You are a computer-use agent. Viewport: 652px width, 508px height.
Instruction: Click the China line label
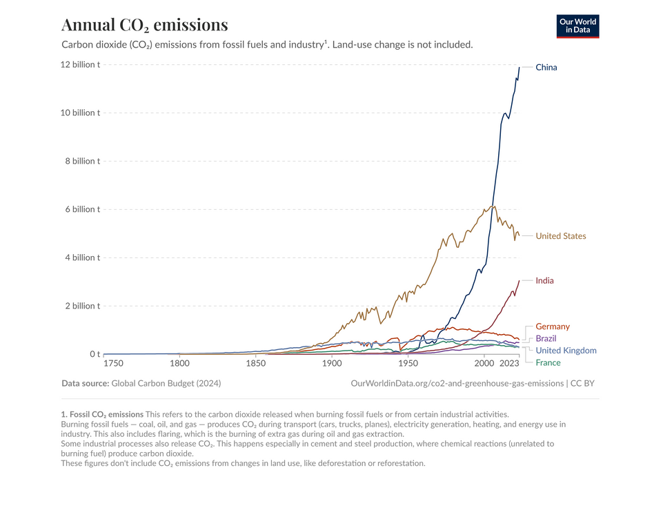tap(546, 68)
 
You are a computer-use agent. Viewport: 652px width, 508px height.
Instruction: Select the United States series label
tap(560, 236)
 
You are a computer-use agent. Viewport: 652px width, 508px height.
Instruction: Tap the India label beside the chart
tap(544, 281)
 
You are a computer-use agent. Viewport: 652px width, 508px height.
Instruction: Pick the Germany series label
tap(552, 326)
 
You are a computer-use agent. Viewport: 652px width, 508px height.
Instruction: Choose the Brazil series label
tap(545, 339)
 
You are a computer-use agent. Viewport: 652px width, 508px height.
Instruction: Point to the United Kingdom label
tap(566, 351)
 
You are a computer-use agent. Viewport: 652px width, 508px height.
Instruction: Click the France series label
tap(548, 363)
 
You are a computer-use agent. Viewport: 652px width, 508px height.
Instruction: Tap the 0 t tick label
tap(95, 354)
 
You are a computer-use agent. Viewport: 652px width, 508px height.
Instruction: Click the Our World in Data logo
tap(577, 26)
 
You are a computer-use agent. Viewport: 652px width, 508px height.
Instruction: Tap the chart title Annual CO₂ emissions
tap(144, 25)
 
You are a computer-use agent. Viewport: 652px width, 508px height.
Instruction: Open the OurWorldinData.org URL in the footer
tap(457, 383)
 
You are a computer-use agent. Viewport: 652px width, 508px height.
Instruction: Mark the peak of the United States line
tap(494, 206)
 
